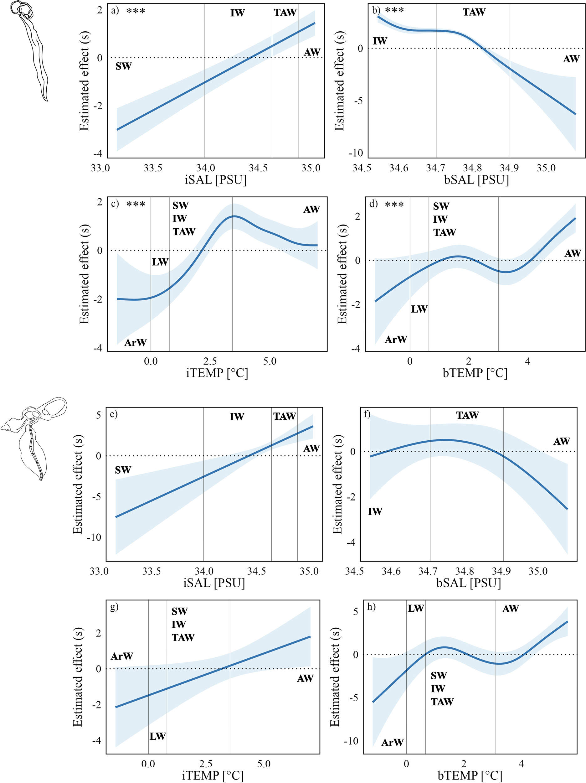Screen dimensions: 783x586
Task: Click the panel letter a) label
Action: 115,11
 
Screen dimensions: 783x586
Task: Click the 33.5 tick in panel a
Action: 152,168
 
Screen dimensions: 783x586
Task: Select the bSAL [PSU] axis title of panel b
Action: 476,180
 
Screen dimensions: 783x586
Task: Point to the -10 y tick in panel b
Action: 356,153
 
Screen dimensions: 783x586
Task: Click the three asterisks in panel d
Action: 394,205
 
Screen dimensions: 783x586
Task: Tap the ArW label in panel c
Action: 135,343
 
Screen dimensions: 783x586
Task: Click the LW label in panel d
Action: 419,309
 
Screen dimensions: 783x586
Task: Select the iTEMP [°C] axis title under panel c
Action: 217,373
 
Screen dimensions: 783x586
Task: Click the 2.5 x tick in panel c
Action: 210,361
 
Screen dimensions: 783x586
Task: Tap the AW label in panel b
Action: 571,59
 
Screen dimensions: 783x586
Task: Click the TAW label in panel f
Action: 467,415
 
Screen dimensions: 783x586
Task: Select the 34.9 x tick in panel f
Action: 501,571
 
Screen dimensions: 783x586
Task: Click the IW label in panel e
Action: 237,417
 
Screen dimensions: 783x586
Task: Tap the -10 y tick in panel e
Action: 94,537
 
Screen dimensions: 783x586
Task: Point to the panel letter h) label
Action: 372,607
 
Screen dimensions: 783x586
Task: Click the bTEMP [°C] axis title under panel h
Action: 470,775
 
